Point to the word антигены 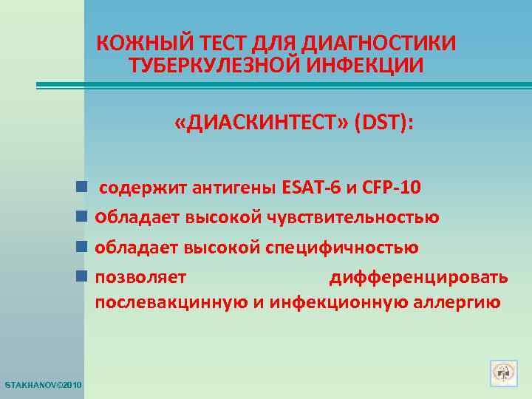pos(235,188)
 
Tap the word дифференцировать pos(418,278)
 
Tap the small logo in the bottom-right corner pos(502,373)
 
